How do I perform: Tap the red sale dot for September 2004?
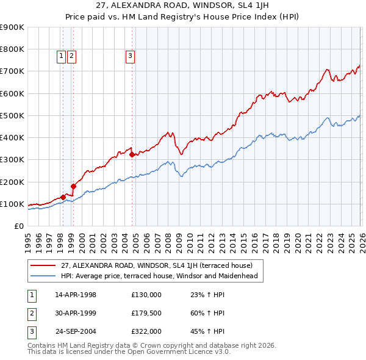click(x=132, y=155)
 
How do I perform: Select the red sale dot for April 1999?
click(x=73, y=186)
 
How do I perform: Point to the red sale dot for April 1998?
click(x=63, y=197)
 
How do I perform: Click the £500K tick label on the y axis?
click(x=12, y=115)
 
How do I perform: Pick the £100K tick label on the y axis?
click(x=12, y=204)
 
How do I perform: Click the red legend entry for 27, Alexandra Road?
click(x=146, y=265)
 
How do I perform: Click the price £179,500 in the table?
click(x=146, y=313)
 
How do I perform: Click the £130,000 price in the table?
click(x=146, y=295)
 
